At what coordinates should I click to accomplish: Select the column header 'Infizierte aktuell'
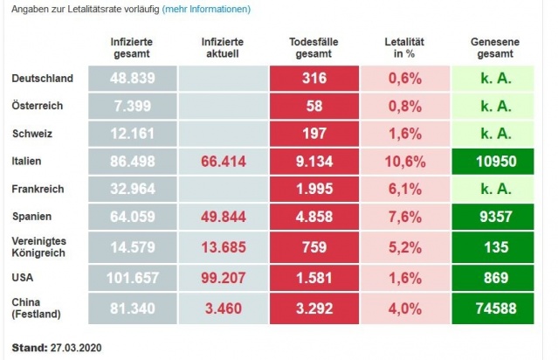click(222, 48)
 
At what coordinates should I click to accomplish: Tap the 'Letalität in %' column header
click(404, 48)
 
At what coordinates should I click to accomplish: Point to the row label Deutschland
click(42, 79)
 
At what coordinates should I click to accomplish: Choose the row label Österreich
click(38, 106)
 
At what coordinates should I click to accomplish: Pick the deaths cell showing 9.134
click(312, 162)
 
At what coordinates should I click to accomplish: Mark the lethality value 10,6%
click(404, 162)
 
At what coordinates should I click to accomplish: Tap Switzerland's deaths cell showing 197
click(312, 134)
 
